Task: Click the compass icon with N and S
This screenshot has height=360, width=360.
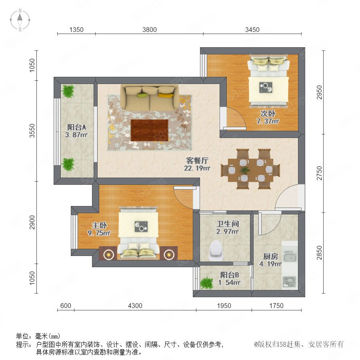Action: tap(20, 20)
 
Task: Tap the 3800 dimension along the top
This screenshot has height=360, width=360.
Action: tap(150, 30)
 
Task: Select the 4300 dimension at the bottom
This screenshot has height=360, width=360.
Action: tap(135, 306)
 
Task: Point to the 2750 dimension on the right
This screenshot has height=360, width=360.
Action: tap(319, 173)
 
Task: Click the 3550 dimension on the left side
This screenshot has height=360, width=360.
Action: tap(32, 131)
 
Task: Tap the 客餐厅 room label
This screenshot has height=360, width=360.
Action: tap(197, 160)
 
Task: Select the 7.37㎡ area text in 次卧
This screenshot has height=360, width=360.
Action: tap(268, 121)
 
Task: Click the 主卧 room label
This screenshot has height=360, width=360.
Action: tap(100, 225)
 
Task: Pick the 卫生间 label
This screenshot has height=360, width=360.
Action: tap(228, 224)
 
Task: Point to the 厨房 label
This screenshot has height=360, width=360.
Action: tap(270, 256)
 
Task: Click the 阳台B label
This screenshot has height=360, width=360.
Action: tap(230, 275)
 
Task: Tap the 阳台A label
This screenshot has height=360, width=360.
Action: tap(76, 127)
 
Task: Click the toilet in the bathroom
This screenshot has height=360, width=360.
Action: tap(216, 250)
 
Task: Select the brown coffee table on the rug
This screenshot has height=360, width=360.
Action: tap(150, 130)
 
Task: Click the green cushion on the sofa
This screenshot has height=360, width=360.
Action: tap(142, 95)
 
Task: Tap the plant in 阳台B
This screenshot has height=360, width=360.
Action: tap(207, 283)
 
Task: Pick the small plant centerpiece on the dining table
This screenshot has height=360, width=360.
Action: tap(245, 170)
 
